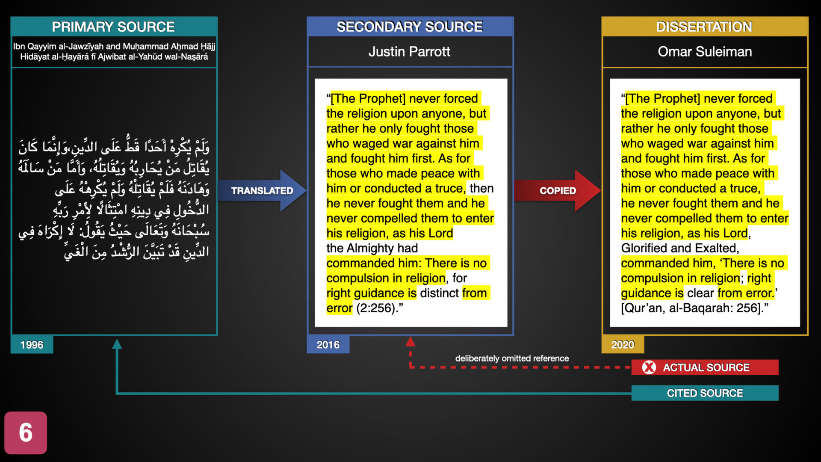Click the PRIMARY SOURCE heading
pos(113,27)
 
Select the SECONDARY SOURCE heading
pos(410,27)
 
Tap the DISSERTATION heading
pos(704,27)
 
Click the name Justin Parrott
pos(410,52)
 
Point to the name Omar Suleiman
pos(705,52)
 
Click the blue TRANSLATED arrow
pos(262,191)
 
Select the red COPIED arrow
pos(558,191)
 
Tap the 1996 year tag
pos(32,345)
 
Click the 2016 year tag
pos(328,345)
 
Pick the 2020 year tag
pos(623,345)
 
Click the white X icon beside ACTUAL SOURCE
pos(649,367)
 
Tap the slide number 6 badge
pos(26,432)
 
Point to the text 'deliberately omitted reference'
pos(512,358)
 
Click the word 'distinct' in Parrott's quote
pos(439,293)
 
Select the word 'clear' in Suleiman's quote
pos(700,293)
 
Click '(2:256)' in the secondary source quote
pos(375,308)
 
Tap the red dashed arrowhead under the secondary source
pos(410,341)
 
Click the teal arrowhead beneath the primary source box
pos(117,344)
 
